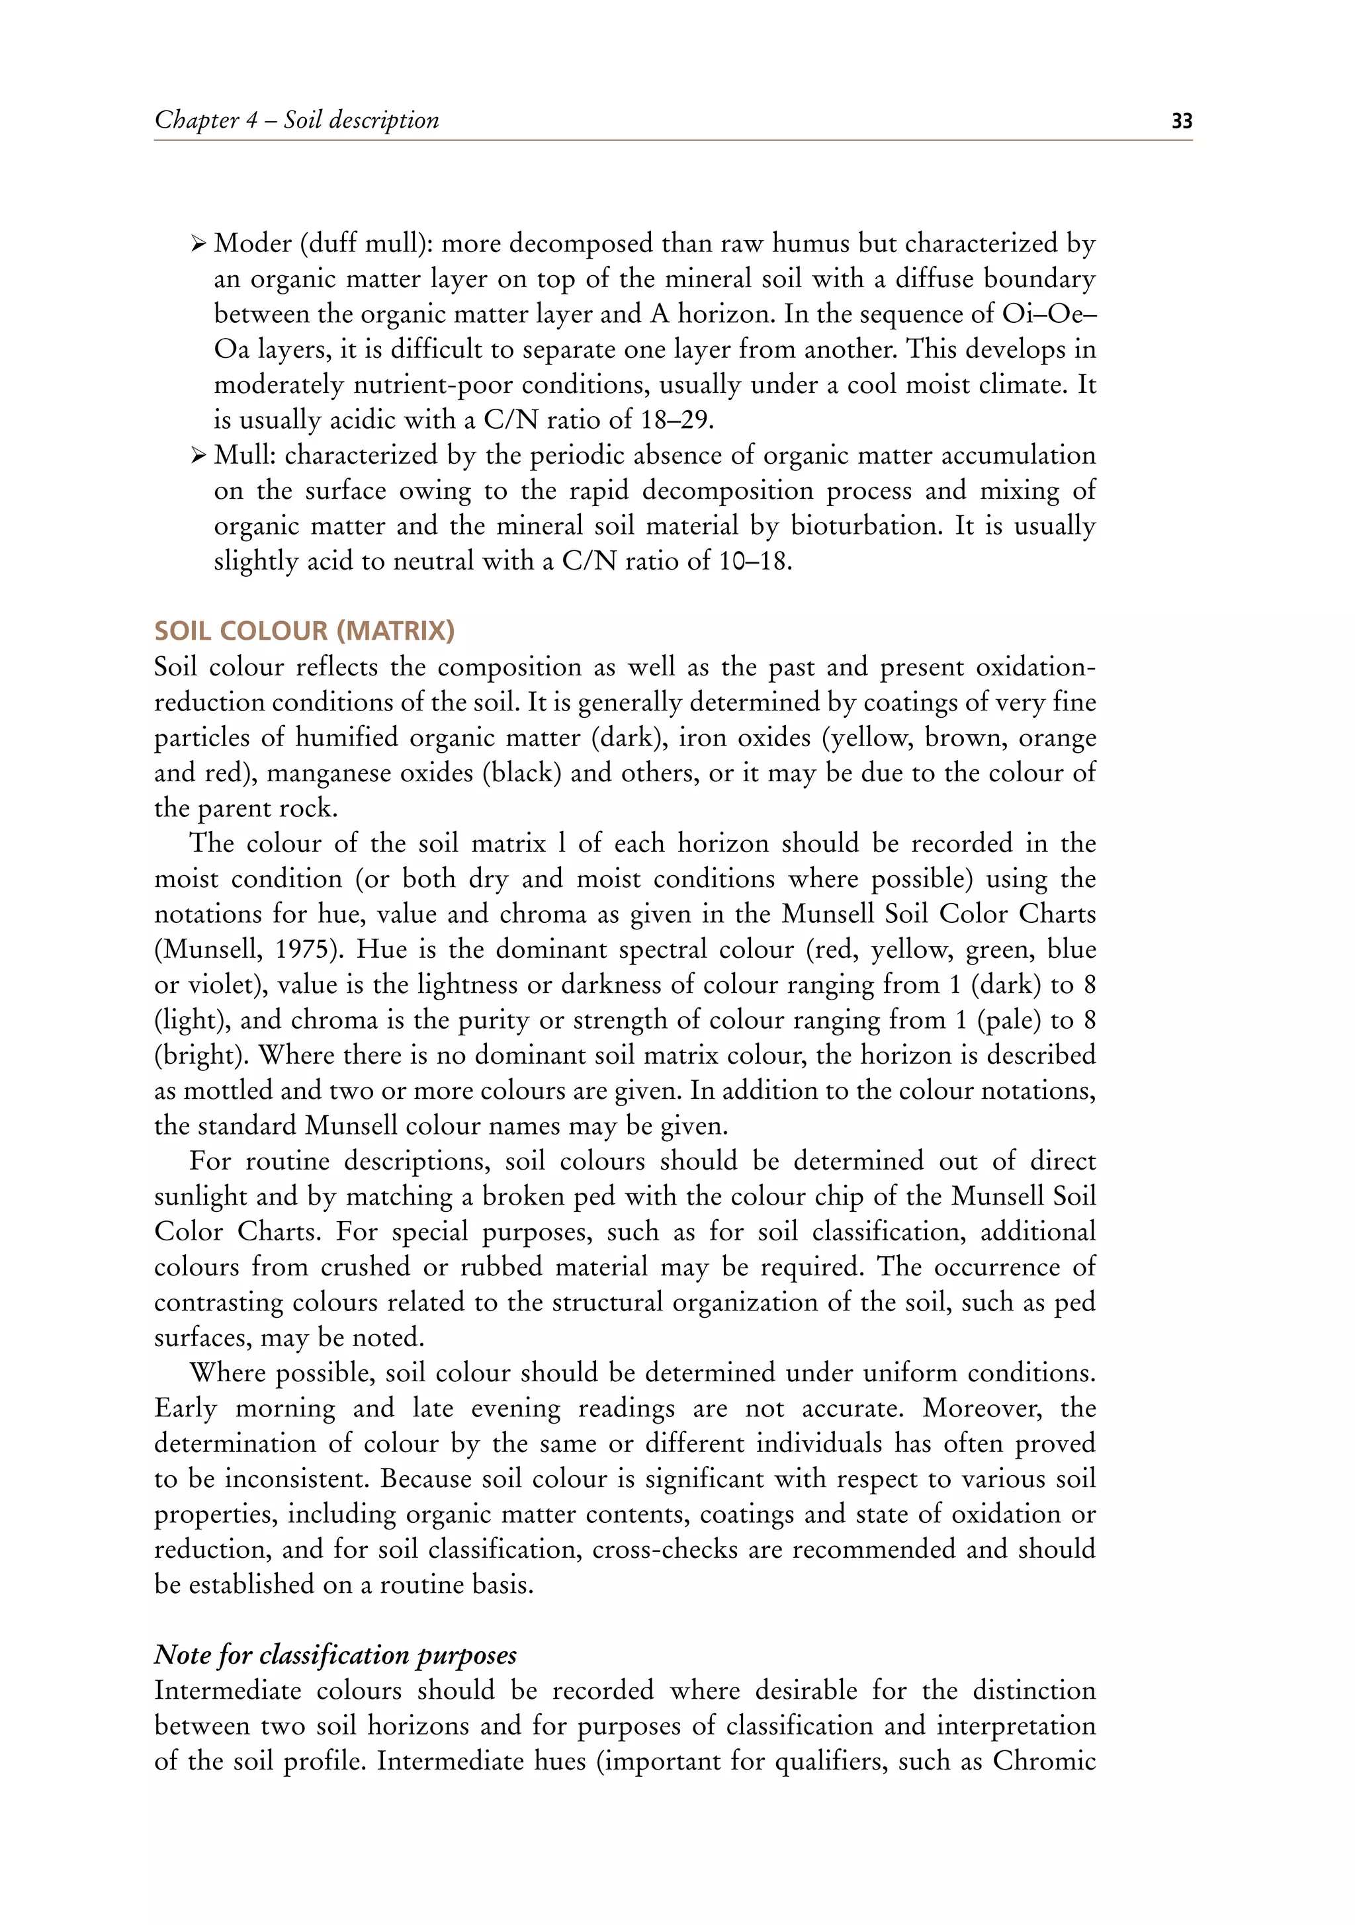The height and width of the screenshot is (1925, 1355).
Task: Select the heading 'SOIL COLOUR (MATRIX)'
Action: point(304,630)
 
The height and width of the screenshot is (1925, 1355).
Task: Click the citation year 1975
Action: point(306,949)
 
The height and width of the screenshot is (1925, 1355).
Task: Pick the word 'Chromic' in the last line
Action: point(1044,1761)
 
